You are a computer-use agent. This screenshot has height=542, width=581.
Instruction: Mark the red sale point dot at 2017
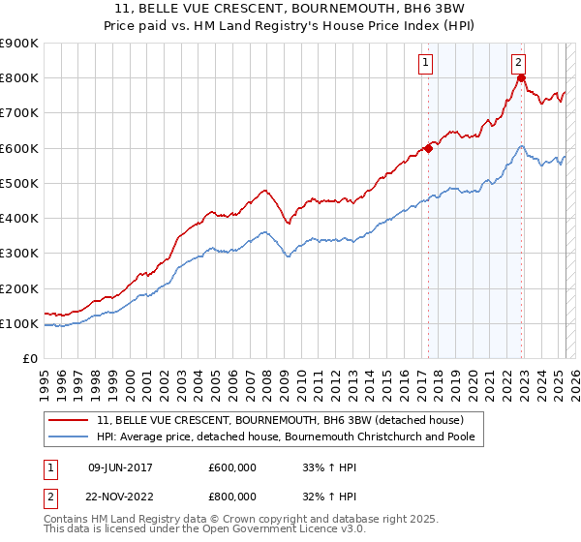(x=427, y=148)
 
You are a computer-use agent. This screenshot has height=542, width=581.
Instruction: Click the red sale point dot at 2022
(x=520, y=78)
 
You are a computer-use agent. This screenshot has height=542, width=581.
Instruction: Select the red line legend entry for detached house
(x=281, y=420)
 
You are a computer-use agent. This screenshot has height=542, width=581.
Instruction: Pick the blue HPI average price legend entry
(x=290, y=437)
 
